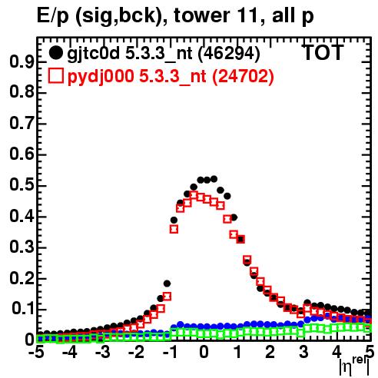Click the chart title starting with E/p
(175, 16)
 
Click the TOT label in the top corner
(323, 52)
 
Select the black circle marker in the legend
(55, 53)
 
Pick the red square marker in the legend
(55, 76)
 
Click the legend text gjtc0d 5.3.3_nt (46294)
(164, 54)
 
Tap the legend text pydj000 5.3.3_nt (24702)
(171, 77)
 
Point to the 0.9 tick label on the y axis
(22, 61)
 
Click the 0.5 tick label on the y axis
(22, 185)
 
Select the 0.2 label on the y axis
(22, 278)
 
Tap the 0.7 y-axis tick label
(22, 124)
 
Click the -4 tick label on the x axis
(70, 352)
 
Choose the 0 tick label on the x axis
(204, 352)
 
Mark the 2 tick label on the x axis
(270, 352)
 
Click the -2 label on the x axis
(137, 352)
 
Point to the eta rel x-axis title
(354, 366)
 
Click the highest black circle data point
(214, 179)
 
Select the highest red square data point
(194, 195)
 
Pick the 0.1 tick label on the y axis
(23, 309)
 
